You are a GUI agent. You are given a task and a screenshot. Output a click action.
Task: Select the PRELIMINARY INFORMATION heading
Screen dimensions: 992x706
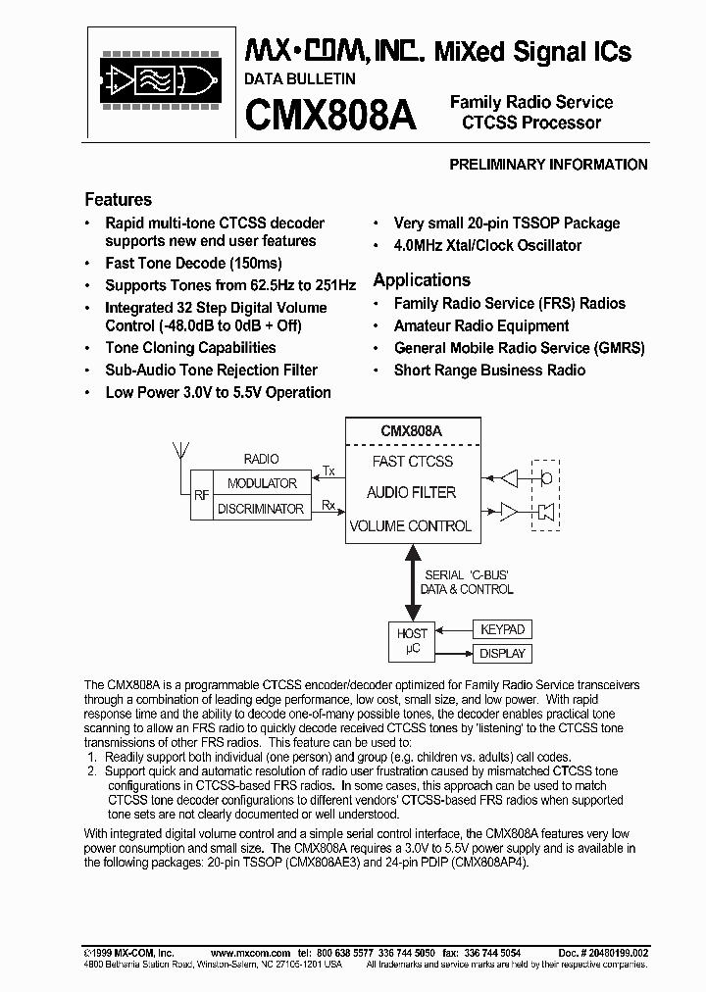coord(548,165)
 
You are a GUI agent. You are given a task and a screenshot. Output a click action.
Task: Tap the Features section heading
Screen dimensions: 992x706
coord(118,199)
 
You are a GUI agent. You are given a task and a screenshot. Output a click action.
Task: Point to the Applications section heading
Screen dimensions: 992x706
coord(422,279)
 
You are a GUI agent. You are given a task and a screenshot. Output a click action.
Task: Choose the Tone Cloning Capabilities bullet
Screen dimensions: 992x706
coord(190,347)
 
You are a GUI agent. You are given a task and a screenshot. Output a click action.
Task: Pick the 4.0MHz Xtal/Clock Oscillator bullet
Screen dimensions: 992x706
coord(487,245)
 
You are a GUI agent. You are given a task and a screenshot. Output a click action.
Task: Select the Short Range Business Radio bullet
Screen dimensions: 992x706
coord(489,370)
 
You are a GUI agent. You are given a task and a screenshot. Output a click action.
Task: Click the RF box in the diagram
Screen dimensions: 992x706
coord(201,496)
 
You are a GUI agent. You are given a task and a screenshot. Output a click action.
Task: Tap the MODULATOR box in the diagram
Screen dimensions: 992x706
coord(262,483)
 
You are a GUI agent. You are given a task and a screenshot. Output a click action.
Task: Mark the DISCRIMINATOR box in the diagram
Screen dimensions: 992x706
coord(262,509)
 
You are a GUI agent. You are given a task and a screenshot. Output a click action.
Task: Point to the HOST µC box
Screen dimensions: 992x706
coord(412,641)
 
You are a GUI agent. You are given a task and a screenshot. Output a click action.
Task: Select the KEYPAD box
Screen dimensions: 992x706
coord(500,629)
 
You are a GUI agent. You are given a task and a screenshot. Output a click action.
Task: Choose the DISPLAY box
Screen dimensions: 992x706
coord(500,654)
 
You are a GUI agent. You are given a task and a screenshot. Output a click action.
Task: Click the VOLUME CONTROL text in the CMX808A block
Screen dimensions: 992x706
coord(410,525)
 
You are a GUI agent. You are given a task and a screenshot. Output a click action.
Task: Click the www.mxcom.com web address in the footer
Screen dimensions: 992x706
coord(250,953)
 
